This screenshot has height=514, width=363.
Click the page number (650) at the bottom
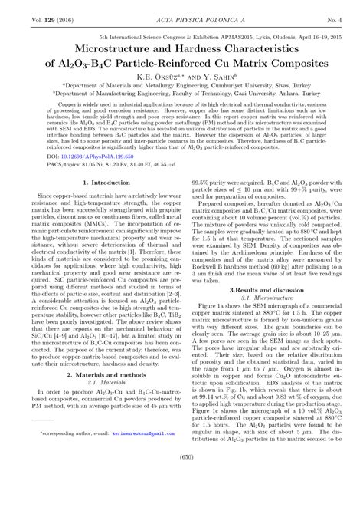[x=181, y=499]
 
